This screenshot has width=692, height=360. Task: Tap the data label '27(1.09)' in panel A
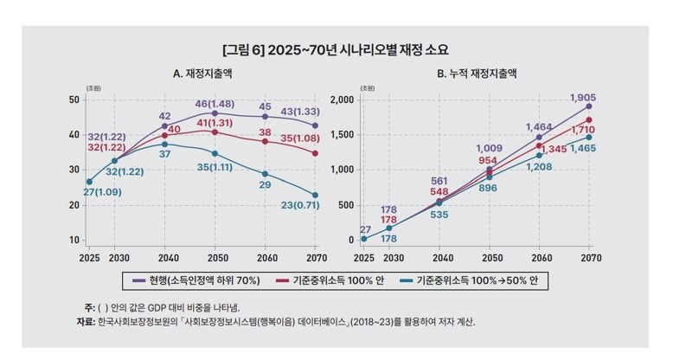(x=101, y=191)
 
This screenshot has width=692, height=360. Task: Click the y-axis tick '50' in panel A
(x=74, y=100)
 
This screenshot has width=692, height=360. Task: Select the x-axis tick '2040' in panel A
(x=164, y=257)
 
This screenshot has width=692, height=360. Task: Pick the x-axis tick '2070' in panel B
(x=590, y=257)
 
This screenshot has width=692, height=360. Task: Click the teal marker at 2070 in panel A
(x=315, y=196)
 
